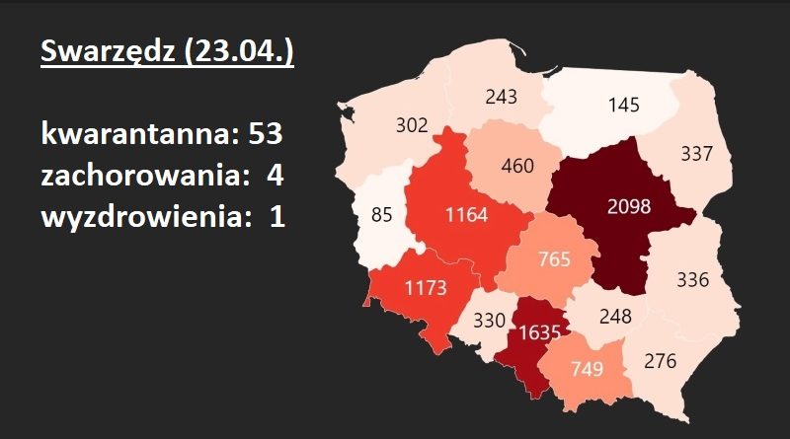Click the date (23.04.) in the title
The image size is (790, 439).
237,50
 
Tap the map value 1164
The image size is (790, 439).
466,214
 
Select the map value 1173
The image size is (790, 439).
427,289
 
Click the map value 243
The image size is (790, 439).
503,96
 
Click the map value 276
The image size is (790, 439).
660,361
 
